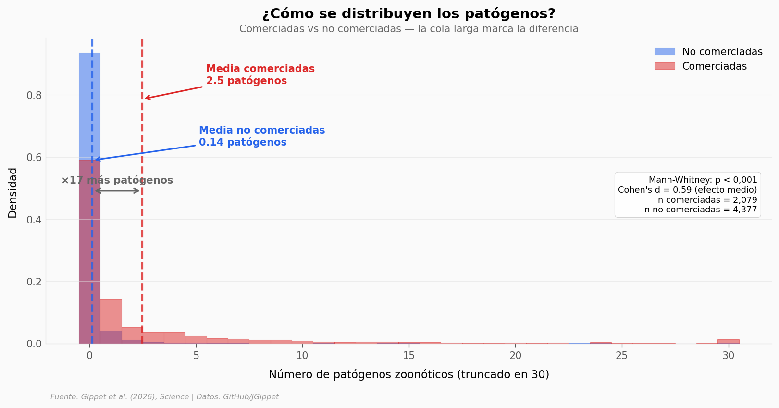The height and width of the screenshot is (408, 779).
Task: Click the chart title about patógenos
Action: tap(408, 14)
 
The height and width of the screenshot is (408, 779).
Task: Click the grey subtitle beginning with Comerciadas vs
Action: tap(408, 29)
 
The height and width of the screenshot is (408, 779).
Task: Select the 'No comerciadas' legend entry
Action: tap(722, 52)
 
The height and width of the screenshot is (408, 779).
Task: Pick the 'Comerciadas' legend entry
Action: tap(714, 66)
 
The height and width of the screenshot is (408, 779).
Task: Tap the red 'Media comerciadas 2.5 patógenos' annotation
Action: tap(260, 75)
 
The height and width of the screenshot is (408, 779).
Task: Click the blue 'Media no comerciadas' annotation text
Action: tap(261, 136)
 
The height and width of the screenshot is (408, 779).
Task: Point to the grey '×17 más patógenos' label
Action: tap(117, 180)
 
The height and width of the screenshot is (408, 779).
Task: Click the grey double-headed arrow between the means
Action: tap(117, 191)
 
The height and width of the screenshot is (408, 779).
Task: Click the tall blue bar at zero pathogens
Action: tap(89, 106)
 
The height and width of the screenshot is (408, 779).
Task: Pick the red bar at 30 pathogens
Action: tap(728, 341)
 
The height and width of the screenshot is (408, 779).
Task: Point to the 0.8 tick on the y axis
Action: tap(34, 95)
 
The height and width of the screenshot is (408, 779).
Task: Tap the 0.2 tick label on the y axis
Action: tap(34, 282)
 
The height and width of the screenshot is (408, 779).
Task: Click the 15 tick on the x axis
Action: tap(408, 356)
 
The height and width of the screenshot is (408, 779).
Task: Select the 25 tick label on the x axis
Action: tap(622, 356)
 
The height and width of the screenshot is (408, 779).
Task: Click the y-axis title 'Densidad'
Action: tap(13, 192)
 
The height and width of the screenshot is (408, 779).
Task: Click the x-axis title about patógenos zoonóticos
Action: tap(408, 374)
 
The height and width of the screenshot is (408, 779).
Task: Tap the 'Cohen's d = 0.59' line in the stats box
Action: tap(687, 190)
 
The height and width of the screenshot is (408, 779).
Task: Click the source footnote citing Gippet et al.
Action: tap(164, 397)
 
